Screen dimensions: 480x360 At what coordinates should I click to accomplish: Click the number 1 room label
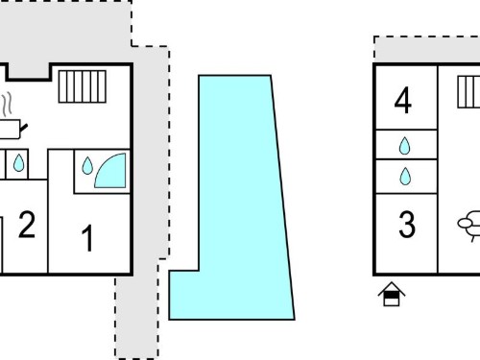click(x=87, y=238)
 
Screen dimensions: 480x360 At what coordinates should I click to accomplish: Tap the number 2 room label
click(x=27, y=225)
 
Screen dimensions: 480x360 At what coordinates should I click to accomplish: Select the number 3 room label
click(x=407, y=225)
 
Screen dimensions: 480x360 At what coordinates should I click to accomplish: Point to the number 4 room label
click(x=403, y=100)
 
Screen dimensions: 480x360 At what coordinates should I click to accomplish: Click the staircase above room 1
click(x=83, y=86)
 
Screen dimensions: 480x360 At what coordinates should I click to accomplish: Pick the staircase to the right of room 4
click(x=468, y=92)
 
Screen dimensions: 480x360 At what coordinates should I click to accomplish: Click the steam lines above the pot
click(x=7, y=104)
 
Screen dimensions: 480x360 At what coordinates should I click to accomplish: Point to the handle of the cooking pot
click(x=24, y=128)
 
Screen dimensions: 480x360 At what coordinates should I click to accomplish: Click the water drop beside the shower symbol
click(x=87, y=165)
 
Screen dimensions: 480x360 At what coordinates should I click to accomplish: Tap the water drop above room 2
click(x=18, y=163)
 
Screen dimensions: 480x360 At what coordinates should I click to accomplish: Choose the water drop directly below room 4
click(x=405, y=146)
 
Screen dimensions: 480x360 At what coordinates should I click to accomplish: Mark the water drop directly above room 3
click(x=405, y=177)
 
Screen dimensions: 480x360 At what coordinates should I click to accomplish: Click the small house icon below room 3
click(x=392, y=294)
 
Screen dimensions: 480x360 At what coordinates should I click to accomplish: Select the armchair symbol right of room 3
click(x=469, y=226)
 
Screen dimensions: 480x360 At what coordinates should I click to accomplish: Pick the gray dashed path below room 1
click(x=136, y=317)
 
